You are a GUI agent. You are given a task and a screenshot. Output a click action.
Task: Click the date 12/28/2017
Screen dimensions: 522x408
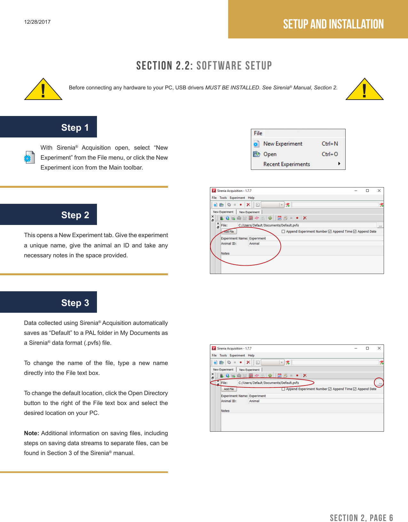pyautogui.click(x=37, y=22)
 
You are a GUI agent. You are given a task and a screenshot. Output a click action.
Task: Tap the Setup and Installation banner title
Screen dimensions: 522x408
pyautogui.click(x=333, y=24)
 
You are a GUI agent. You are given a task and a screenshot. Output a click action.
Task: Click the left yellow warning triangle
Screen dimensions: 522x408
pyautogui.click(x=43, y=90)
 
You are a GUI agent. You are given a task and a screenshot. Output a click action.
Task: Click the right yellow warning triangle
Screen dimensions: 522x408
pyautogui.click(x=364, y=90)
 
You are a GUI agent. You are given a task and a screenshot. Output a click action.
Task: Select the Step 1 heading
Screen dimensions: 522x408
pyautogui.click(x=75, y=128)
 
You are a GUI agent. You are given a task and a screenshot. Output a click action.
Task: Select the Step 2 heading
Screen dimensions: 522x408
pyautogui.click(x=75, y=215)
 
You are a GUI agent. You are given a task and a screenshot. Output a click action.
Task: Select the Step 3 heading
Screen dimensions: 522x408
pyautogui.click(x=75, y=303)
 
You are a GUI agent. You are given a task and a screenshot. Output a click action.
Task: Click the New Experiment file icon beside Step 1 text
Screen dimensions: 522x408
pyautogui.click(x=29, y=157)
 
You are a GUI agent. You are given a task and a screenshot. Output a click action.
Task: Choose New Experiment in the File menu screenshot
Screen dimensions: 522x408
pyautogui.click(x=283, y=144)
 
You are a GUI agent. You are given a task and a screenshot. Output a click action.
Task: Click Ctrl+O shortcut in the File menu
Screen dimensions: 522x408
pyautogui.click(x=330, y=154)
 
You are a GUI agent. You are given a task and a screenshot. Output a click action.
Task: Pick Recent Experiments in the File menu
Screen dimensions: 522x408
pyautogui.click(x=286, y=164)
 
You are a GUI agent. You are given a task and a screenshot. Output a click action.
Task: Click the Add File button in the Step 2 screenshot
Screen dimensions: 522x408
pyautogui.click(x=229, y=231)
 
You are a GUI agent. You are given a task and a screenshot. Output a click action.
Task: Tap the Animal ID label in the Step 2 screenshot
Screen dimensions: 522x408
pyautogui.click(x=228, y=244)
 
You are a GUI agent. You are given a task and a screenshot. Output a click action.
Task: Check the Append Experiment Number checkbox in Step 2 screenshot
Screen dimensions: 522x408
pyautogui.click(x=283, y=231)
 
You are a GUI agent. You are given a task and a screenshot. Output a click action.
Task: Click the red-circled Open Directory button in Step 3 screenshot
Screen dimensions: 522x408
pyautogui.click(x=380, y=383)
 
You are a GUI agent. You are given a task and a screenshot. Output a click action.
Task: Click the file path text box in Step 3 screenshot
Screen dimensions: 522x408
pyautogui.click(x=272, y=383)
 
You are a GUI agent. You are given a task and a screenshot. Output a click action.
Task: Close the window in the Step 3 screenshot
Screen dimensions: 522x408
pyautogui.click(x=379, y=348)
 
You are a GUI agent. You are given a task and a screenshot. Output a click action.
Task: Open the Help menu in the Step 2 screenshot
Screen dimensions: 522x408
pyautogui.click(x=251, y=198)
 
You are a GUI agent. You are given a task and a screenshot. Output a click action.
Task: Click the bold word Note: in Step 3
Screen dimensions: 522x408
pyautogui.click(x=31, y=433)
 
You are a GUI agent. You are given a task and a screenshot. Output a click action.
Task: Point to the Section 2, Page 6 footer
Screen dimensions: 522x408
pyautogui.click(x=361, y=518)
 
